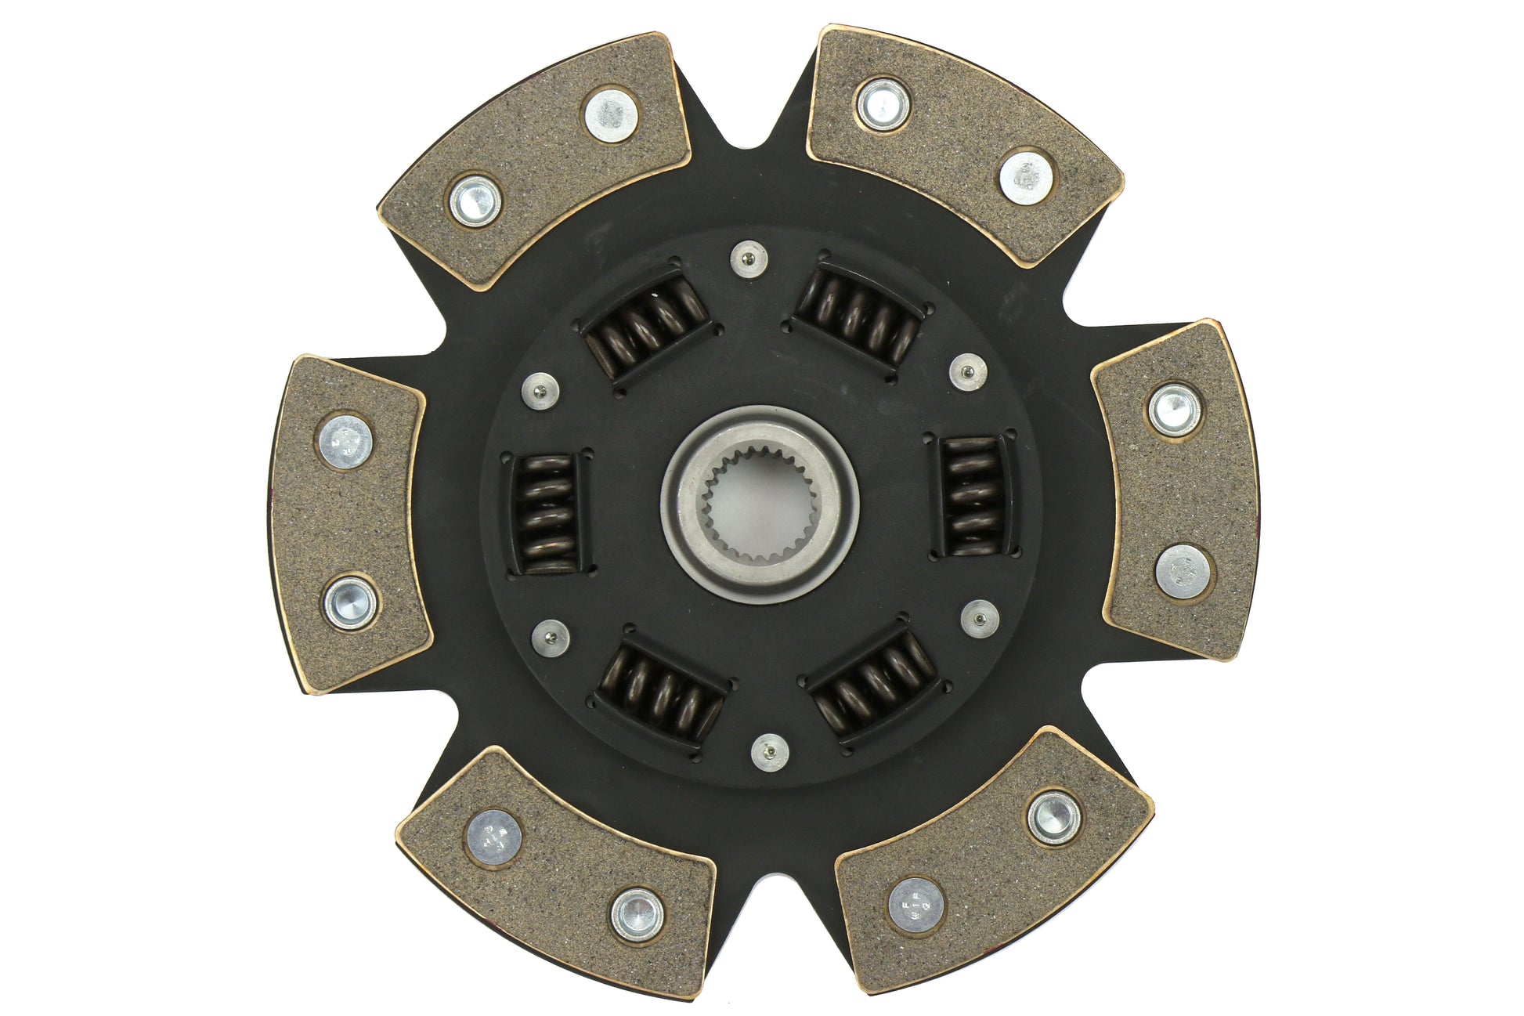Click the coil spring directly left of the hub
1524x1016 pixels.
[546, 514]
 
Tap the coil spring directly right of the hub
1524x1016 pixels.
[972, 497]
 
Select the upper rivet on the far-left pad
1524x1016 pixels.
[346, 442]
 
